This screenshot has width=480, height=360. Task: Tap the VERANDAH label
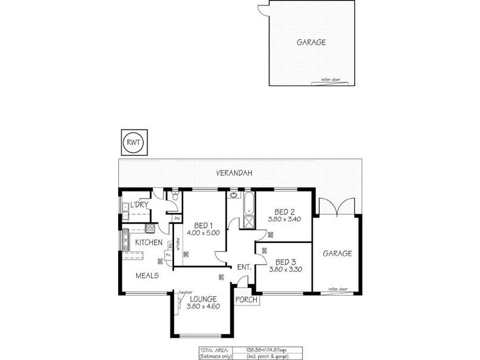click(x=234, y=173)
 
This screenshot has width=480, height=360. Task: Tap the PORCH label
click(x=246, y=299)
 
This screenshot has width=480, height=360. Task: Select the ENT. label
click(x=243, y=266)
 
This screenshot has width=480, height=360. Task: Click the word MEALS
click(x=147, y=275)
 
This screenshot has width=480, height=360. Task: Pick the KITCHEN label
click(x=148, y=242)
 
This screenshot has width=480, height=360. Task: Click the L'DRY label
click(x=139, y=206)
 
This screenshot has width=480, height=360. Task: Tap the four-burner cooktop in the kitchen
click(x=150, y=228)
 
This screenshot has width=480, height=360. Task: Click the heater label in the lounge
click(x=185, y=292)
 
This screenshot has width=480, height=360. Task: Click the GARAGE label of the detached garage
click(x=311, y=43)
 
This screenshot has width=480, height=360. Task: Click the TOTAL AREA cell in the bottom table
click(x=215, y=349)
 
